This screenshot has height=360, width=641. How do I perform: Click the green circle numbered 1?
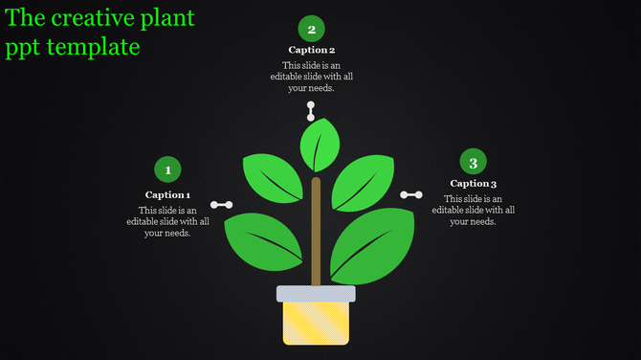(168, 170)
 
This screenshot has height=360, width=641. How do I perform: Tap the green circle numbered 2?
(311, 29)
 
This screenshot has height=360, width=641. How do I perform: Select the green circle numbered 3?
(473, 163)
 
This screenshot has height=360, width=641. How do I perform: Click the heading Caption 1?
(167, 194)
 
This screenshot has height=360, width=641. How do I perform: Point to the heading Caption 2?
(311, 50)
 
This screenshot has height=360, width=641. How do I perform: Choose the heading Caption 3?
(473, 183)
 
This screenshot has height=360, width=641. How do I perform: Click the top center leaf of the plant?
(320, 145)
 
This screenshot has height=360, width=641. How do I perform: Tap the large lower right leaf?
(372, 244)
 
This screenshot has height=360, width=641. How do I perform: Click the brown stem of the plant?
(316, 230)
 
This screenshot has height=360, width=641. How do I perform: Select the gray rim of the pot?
(316, 293)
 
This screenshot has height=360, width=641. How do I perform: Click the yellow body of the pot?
(316, 323)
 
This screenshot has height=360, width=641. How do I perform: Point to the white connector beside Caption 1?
(222, 204)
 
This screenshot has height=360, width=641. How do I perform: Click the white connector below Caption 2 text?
(310, 110)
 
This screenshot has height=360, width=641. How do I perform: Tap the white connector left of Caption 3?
(411, 194)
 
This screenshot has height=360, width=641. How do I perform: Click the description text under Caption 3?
(473, 210)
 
